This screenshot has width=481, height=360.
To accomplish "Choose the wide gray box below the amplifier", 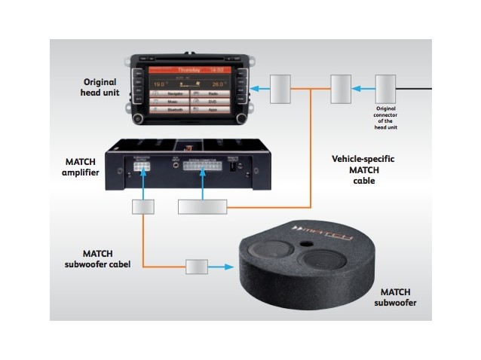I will [x=203, y=206].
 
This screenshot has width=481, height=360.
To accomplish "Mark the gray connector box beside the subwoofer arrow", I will [x=197, y=267].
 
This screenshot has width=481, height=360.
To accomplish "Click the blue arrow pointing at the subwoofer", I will [x=224, y=267].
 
